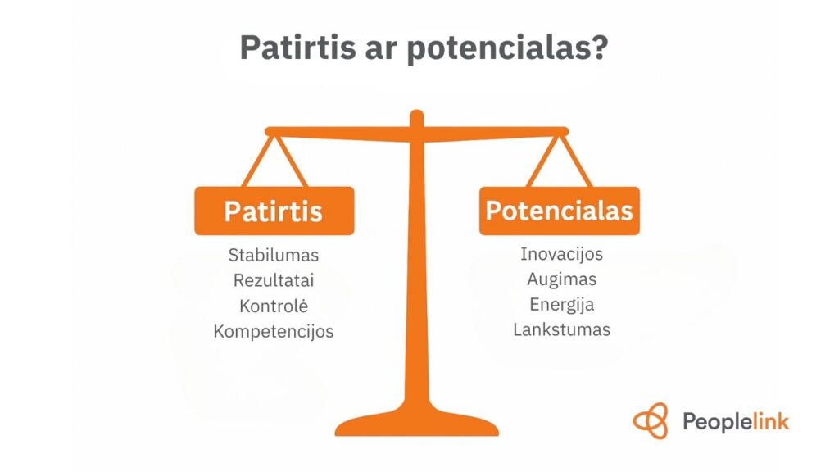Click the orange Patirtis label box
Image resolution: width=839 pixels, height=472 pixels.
point(274,211)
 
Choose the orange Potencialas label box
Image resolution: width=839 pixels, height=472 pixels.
point(559,211)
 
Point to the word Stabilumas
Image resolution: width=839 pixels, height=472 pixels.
point(274,255)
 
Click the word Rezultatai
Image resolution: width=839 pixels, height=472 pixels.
point(274,280)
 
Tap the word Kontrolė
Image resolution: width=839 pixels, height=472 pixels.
point(274,306)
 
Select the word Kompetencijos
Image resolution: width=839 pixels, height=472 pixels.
point(274,331)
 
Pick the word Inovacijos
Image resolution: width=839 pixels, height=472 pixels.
point(561,253)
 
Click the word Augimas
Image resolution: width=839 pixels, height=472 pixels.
point(561,279)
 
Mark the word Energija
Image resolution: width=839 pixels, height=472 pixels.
point(561,304)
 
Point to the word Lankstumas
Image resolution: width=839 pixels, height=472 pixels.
point(561,329)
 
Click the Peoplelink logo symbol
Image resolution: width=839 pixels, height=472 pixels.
point(651,421)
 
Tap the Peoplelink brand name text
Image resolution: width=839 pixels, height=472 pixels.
point(735,422)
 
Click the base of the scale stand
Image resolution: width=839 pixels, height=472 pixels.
point(417,425)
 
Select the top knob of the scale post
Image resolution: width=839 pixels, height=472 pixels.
point(417,118)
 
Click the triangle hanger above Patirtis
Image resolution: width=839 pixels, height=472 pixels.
point(274,161)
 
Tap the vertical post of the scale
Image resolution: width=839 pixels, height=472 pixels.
point(417,270)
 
